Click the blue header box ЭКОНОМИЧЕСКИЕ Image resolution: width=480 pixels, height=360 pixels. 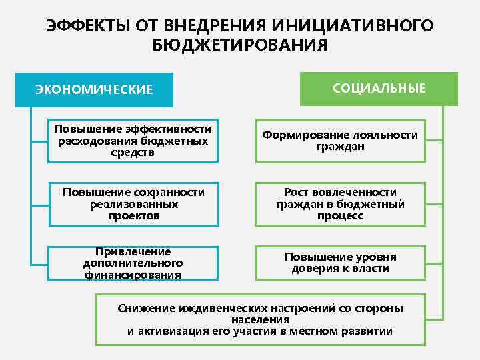(x=94, y=89)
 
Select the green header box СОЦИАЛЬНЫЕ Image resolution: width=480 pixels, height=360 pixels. (x=379, y=89)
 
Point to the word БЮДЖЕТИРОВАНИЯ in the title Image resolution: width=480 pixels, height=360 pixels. (x=240, y=45)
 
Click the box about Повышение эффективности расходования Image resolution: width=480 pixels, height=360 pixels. (x=133, y=141)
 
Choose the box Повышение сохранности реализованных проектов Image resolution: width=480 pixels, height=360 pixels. (x=133, y=204)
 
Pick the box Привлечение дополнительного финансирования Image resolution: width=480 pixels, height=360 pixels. (x=133, y=263)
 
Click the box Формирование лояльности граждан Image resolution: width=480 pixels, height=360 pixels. (x=340, y=141)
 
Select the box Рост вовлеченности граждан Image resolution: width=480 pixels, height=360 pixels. (x=340, y=204)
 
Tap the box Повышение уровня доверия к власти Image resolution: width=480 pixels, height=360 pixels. (x=340, y=263)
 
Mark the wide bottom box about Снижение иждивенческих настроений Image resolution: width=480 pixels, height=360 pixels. (x=260, y=319)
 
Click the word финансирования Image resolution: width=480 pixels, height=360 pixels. (x=133, y=275)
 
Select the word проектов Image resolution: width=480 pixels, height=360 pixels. (x=133, y=215)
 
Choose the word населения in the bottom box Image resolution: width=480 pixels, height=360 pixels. (x=260, y=320)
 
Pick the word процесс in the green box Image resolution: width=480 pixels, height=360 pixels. (x=340, y=216)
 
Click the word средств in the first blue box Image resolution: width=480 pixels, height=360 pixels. (x=133, y=152)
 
